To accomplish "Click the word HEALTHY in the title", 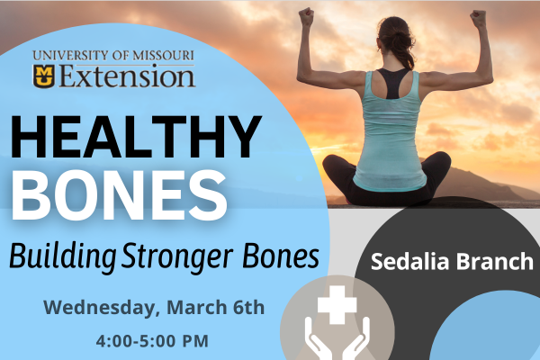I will click(133, 139).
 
